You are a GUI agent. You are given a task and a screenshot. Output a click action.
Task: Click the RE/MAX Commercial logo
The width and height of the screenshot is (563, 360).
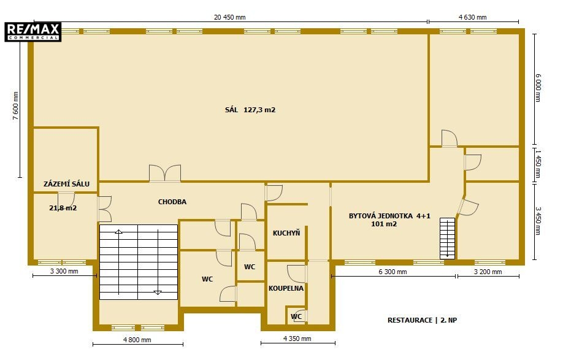point(33,32)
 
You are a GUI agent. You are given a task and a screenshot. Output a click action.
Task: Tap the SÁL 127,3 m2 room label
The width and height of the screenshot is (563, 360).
point(250,110)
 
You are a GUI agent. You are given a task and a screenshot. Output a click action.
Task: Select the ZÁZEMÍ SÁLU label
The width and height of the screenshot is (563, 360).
point(66,184)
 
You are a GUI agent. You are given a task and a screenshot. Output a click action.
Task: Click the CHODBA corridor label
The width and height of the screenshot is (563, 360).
point(172,202)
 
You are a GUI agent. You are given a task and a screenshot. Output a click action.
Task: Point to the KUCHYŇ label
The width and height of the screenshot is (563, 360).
point(286,233)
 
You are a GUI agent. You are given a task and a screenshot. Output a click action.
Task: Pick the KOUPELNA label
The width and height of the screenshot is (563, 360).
point(286,288)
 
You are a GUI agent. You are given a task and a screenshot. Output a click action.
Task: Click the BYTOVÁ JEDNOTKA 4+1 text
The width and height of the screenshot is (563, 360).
point(389,216)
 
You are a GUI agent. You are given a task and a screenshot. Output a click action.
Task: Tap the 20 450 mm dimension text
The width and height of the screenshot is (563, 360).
point(230,17)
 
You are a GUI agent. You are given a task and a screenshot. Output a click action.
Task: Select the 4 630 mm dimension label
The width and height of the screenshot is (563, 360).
point(472,17)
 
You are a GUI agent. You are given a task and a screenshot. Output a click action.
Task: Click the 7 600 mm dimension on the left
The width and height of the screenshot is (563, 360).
point(16,105)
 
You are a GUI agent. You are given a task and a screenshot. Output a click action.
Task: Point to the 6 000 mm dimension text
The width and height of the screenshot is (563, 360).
point(537,88)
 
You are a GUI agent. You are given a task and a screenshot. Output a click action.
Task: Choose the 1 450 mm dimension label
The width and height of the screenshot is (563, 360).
point(537,164)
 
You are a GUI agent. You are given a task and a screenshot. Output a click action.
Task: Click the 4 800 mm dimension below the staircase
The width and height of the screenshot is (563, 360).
point(137,340)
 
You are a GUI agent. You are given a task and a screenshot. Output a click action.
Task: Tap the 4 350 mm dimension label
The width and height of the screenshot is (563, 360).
point(297,339)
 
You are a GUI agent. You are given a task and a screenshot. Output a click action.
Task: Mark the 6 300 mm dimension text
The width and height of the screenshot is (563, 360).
point(393,272)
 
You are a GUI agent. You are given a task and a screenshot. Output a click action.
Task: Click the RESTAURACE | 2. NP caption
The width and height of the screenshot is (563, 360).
point(422,320)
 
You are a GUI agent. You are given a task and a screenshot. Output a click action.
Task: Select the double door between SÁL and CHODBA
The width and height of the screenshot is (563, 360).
point(165,174)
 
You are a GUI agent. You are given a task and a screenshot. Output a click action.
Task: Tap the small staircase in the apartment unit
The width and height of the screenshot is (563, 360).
point(447,239)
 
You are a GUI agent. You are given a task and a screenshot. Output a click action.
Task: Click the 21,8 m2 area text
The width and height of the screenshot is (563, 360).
point(63,208)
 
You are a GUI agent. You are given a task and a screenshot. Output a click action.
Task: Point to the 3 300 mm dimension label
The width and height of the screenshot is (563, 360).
point(64,271)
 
